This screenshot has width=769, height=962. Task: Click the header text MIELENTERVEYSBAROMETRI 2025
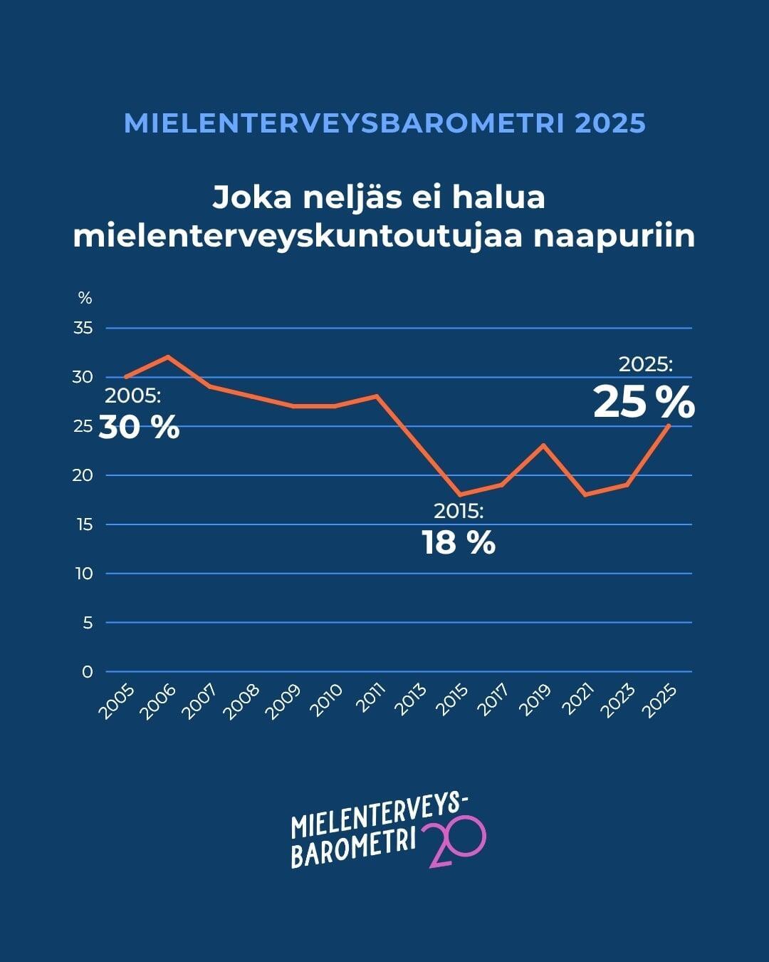click(384, 123)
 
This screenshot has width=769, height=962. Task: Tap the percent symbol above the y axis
click(85, 298)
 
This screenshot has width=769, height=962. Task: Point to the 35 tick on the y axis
click(83, 329)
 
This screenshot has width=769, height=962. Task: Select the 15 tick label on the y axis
click(84, 524)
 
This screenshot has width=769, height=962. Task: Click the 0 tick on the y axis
click(87, 671)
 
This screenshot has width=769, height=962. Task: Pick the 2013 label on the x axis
click(411, 700)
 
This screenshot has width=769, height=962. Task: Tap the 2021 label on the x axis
click(578, 700)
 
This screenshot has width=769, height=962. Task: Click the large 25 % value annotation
click(644, 403)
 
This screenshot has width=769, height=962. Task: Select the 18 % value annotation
click(458, 543)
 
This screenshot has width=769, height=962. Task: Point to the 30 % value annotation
click(139, 428)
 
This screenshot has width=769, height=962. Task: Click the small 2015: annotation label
click(459, 511)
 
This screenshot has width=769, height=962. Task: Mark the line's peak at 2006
click(167, 356)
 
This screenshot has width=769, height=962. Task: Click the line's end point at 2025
click(669, 425)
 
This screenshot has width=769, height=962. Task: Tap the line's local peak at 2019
click(543, 445)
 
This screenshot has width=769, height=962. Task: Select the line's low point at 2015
click(460, 495)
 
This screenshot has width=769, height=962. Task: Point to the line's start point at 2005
click(125, 377)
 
